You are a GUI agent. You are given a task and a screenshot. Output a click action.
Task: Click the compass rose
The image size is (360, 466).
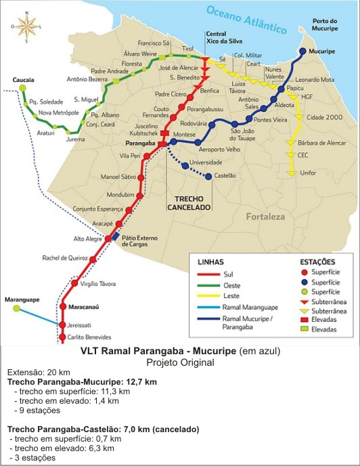27,26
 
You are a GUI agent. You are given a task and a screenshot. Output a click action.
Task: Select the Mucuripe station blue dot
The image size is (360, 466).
302,51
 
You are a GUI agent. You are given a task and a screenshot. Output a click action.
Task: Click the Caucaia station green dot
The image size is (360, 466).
23,88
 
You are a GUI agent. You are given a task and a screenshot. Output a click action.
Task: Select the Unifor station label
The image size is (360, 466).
307,173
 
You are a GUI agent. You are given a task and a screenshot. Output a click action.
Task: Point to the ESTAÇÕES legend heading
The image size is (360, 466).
317,261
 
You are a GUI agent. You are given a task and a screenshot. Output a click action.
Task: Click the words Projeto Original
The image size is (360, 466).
179,362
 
